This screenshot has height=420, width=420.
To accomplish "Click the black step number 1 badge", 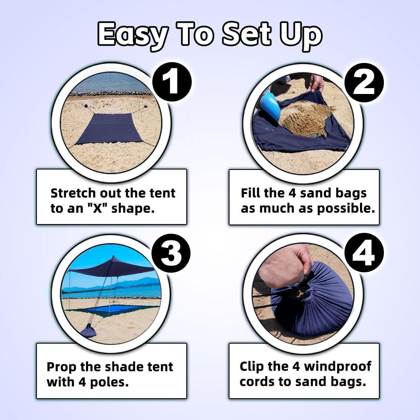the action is coord(172,82).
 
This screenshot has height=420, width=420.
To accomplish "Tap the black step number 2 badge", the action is coord(364,83).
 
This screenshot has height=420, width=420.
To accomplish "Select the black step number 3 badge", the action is coord(171,253).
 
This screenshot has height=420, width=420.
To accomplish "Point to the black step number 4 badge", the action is coord(364,253).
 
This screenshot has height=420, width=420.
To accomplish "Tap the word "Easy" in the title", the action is coord(132,35).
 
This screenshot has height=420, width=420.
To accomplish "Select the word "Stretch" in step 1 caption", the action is coord(73,193).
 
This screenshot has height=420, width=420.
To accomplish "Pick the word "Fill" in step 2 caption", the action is coord(250,193).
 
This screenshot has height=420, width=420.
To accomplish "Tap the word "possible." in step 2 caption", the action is coord(346,209).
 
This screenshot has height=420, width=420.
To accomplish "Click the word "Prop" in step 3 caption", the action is coord(61,367).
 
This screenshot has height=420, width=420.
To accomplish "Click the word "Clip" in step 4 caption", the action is coord(251,367).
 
